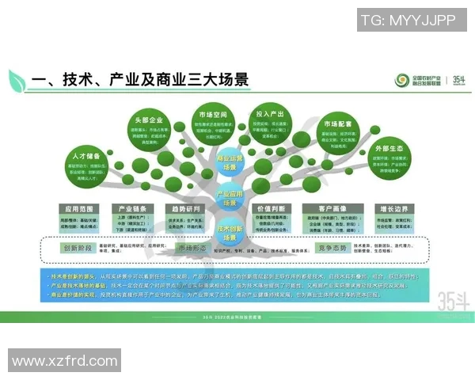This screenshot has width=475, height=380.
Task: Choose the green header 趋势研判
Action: tap(187, 208)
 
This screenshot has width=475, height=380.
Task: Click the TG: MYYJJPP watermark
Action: tap(408, 18)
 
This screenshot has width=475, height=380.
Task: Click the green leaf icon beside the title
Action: tap(17, 79)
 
